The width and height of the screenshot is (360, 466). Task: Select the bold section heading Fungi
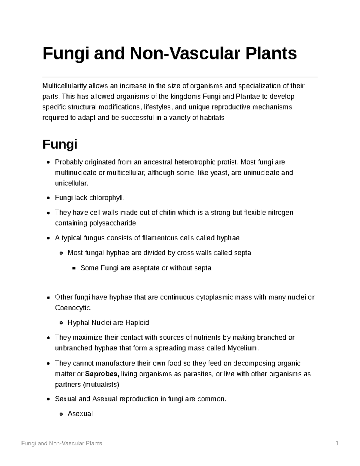click(60, 144)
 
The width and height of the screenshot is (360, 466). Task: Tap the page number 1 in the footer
click(337, 443)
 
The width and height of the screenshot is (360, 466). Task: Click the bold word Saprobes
click(102, 374)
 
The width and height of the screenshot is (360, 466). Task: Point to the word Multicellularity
click(64, 86)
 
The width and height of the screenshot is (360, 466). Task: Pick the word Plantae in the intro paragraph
click(248, 97)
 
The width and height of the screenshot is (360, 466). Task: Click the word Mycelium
click(242, 348)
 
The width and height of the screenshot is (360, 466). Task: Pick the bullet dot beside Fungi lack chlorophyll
click(48, 198)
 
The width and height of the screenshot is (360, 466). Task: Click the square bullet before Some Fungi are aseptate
click(73, 268)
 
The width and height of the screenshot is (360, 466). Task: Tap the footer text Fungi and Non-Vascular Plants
click(61, 443)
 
